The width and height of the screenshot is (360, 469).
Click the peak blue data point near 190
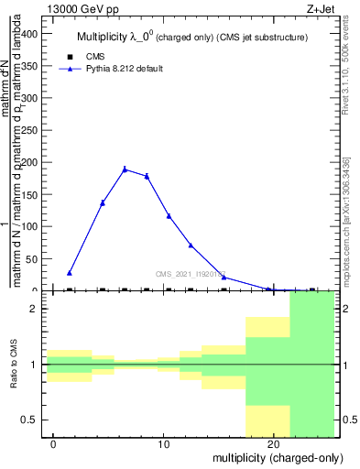tap(125, 169)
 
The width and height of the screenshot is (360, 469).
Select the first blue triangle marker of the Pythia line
tap(70, 273)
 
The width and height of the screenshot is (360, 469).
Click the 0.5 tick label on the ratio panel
tap(31, 420)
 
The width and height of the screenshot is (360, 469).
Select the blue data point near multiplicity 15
tap(224, 277)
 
